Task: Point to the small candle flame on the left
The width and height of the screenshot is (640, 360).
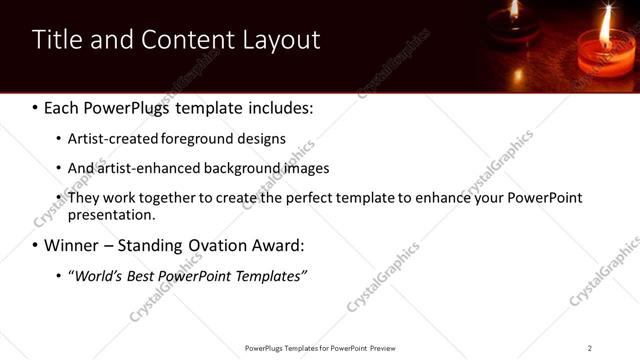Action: coord(514,10)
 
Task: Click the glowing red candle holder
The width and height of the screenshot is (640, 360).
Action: coord(604,58)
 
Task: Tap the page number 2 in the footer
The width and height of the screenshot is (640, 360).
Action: coord(589,348)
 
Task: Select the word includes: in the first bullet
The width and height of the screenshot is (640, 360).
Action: coord(281,107)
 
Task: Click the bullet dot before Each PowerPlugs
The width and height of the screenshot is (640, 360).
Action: coord(36,107)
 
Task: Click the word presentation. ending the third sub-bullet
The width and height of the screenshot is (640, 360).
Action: coord(111,214)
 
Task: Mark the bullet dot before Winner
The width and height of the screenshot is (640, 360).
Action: coord(36,245)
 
